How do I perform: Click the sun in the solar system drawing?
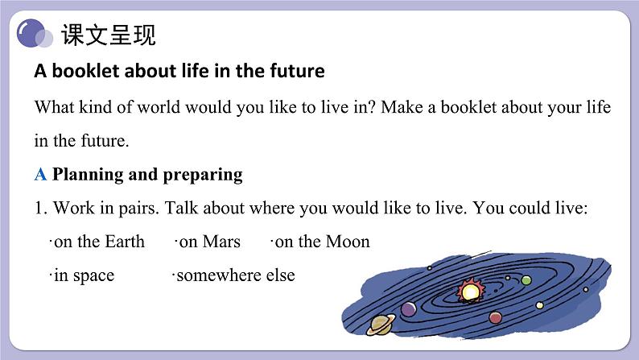[x=471, y=291]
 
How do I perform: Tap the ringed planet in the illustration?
[x=381, y=324]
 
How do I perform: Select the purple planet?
[x=408, y=309]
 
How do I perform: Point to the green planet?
[x=526, y=280]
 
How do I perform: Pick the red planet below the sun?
[x=495, y=317]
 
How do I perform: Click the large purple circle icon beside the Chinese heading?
[x=30, y=33]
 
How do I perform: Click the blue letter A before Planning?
[x=40, y=175]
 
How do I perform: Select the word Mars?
[x=221, y=242]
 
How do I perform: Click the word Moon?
[x=348, y=242]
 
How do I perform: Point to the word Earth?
[x=124, y=242]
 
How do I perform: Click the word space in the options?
[x=93, y=276]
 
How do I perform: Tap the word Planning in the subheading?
[x=88, y=176]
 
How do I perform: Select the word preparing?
[x=203, y=176]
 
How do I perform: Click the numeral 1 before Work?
[x=39, y=208]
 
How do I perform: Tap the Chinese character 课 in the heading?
[x=72, y=35]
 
